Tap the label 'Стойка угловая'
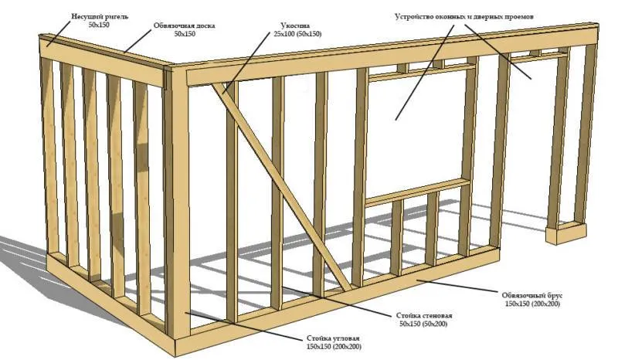(328, 339)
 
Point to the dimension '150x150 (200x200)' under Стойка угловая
(328, 348)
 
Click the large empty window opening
(417, 131)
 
